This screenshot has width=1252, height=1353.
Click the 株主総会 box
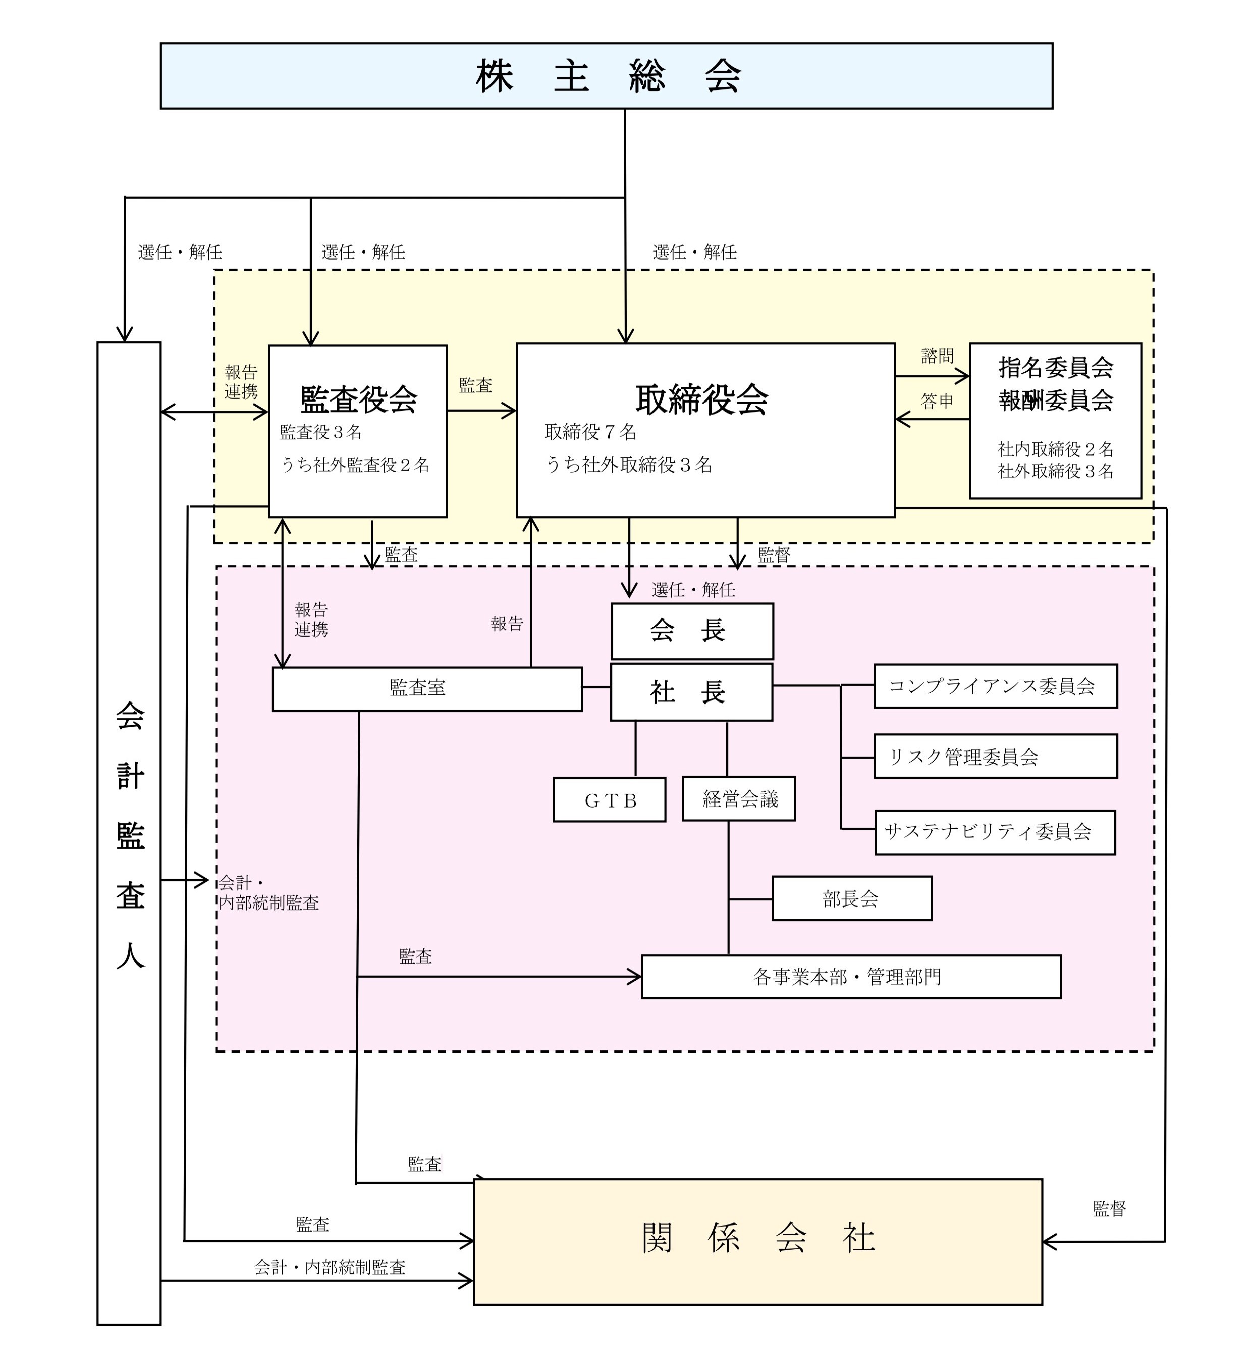[x=607, y=76]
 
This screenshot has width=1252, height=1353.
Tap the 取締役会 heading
[x=702, y=399]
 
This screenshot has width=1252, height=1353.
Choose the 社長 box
[x=691, y=692]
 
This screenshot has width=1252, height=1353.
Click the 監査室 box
[x=427, y=689]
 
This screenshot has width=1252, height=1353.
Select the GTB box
[x=609, y=800]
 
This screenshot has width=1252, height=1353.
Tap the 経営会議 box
[x=738, y=799]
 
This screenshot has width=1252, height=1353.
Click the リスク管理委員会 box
[x=995, y=757]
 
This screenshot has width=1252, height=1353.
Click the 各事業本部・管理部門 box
[x=851, y=977]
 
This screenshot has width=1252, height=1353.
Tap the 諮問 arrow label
[x=937, y=357]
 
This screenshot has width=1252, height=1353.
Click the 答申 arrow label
[x=937, y=402]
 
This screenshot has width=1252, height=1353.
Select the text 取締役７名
[x=590, y=432]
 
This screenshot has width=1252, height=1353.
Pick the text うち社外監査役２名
[x=355, y=465]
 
